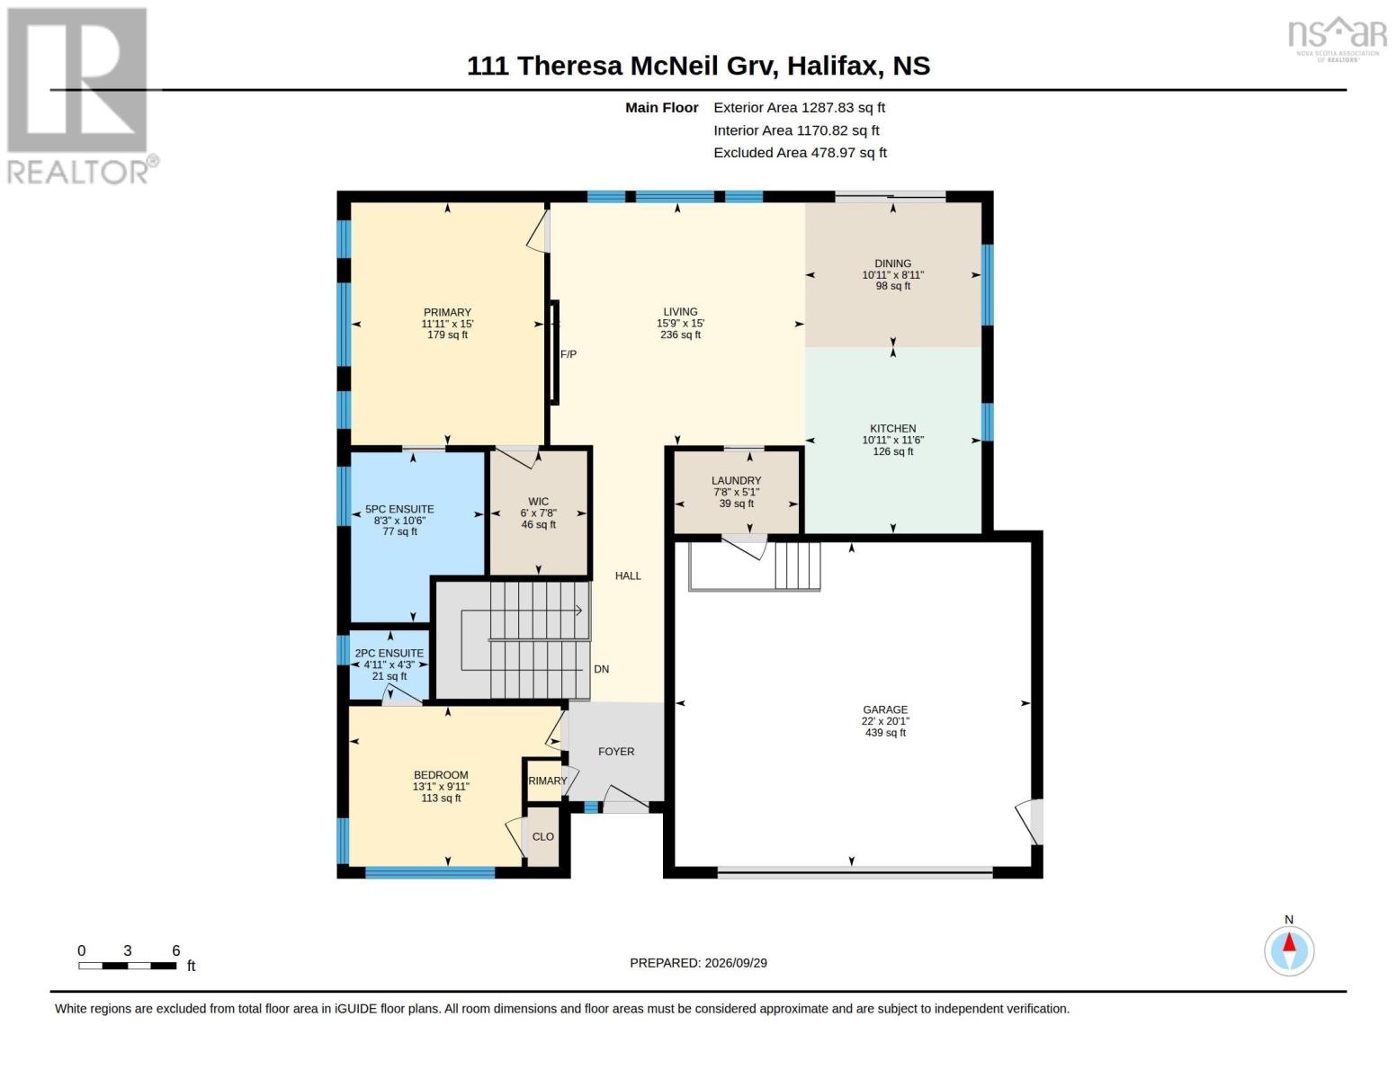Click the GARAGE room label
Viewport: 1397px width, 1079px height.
click(885, 709)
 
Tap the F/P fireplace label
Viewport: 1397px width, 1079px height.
click(569, 354)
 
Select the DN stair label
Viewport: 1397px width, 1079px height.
click(601, 669)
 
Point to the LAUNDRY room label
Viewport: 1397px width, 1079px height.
click(736, 481)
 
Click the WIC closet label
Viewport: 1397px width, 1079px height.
click(539, 502)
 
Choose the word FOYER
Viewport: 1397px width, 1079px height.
click(616, 751)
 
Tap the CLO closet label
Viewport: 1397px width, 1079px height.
click(543, 837)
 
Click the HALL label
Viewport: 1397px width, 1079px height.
click(628, 575)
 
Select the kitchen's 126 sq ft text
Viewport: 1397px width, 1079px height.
click(893, 451)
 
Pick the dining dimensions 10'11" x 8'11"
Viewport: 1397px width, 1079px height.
click(893, 275)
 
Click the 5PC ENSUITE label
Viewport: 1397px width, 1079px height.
click(400, 509)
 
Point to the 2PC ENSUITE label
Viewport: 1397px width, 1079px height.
click(390, 653)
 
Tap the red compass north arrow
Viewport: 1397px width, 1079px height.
click(1289, 942)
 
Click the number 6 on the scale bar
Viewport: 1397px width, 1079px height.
click(176, 950)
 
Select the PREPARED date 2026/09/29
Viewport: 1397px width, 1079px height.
click(736, 963)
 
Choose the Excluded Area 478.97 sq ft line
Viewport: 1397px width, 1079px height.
click(800, 153)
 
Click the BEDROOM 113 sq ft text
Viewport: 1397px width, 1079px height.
click(441, 798)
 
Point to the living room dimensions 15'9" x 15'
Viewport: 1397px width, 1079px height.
click(680, 324)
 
